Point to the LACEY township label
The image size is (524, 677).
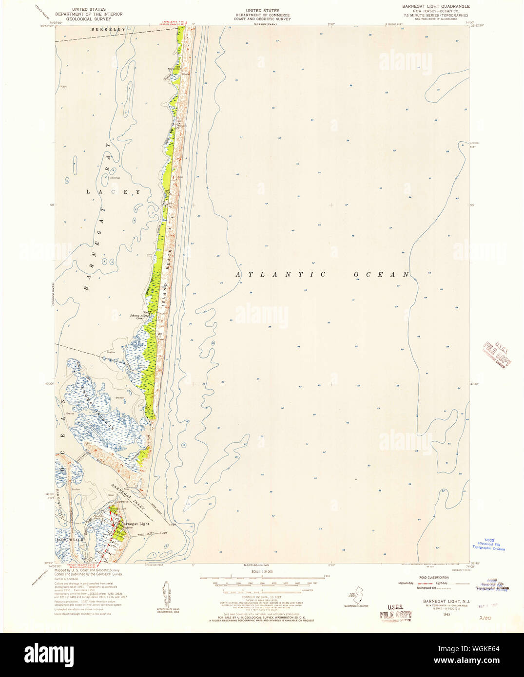click(113, 192)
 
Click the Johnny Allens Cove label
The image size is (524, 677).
click(139, 317)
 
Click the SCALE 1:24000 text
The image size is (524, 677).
click(262, 571)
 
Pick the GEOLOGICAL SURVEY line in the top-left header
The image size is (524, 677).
click(92, 19)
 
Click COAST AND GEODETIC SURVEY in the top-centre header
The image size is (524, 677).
click(262, 19)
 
